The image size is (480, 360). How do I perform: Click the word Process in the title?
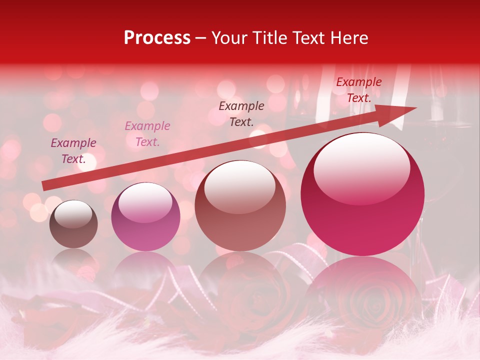(x=157, y=37)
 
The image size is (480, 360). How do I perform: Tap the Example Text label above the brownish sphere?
(x=241, y=113)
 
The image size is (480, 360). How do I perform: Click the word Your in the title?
(x=227, y=37)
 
